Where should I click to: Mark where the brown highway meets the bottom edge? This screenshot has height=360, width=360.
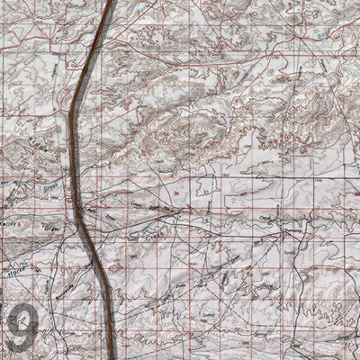point(112,357)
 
